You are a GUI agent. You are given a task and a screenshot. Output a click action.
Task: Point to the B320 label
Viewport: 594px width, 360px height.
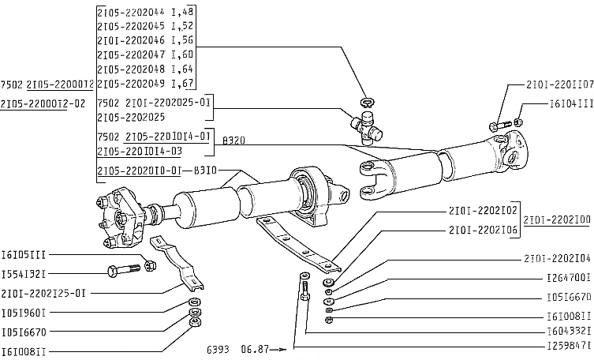coord(234,139)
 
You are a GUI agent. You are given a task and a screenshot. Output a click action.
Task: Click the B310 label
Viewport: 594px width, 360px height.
coord(206,171)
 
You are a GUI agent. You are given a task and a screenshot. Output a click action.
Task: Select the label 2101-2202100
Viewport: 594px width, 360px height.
coord(557,220)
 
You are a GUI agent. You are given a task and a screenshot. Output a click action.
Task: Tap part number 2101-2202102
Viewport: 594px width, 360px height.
coord(482,211)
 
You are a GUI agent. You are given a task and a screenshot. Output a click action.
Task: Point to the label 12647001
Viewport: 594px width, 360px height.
coord(568,278)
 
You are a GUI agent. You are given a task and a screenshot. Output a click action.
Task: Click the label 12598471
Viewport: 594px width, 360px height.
coord(568,345)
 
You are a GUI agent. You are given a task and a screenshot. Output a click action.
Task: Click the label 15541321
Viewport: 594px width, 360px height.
coord(25,273)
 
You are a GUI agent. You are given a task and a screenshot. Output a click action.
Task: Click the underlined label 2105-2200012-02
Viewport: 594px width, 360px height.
coord(48,103)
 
